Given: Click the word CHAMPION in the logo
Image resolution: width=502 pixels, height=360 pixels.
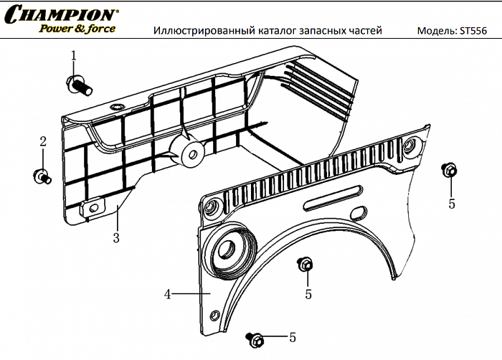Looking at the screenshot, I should (61, 14).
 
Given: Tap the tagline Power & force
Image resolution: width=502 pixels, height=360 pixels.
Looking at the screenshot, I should (76, 29).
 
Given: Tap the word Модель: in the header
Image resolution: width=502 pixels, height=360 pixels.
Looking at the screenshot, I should (436, 31).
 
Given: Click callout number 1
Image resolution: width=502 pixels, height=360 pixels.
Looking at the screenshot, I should (73, 55).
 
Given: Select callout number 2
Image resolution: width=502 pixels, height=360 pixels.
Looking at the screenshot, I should (42, 141).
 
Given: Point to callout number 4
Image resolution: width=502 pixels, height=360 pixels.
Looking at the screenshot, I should (167, 293).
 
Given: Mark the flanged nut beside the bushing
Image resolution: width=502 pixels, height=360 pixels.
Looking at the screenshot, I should (303, 264).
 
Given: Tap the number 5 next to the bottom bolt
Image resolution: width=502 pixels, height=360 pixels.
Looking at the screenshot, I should (292, 337).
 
